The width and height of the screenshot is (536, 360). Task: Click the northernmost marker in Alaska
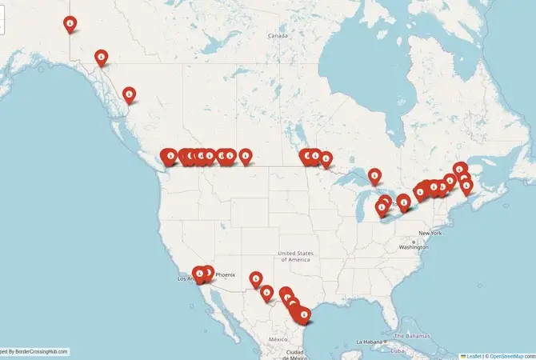pyautogui.click(x=71, y=25)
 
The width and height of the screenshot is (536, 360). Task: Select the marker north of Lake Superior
pyautogui.click(x=374, y=175)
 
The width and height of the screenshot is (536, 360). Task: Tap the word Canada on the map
pyautogui.click(x=278, y=36)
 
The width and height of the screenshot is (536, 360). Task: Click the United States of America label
pyautogui.click(x=294, y=255)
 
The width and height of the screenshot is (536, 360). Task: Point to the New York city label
pyautogui.click(x=430, y=233)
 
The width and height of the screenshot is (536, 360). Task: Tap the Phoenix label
pyautogui.click(x=225, y=274)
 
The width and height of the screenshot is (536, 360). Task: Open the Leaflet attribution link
pyautogui.click(x=474, y=355)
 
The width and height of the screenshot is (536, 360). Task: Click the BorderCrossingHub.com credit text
pyautogui.click(x=36, y=351)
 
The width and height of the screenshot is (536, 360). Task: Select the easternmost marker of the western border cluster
pyautogui.click(x=246, y=155)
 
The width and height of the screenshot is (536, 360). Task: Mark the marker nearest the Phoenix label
pyautogui.click(x=208, y=273)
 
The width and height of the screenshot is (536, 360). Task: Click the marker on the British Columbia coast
pyautogui.click(x=129, y=94)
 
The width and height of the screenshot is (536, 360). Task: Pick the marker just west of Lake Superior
pyautogui.click(x=326, y=158)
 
